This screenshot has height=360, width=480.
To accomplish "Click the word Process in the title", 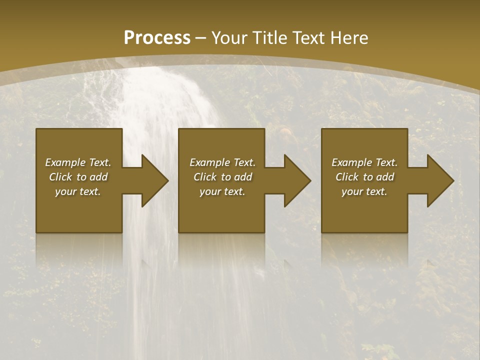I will pos(156,38).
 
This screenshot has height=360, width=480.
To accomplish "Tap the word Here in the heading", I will pos(349,38).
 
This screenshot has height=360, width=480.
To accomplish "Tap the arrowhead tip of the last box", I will pos(453,180).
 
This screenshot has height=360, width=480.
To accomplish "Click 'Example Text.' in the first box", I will pos(78,162).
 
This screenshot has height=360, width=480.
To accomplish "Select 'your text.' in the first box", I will pos(78,191).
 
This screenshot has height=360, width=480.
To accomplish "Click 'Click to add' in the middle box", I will pos(222,177).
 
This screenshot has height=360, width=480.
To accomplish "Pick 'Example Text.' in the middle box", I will pos(222,162).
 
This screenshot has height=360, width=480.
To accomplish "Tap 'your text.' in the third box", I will pos(364,191).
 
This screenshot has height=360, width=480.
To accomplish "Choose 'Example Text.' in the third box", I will pos(364,162).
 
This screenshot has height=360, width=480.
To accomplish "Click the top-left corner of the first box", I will pos(36,129).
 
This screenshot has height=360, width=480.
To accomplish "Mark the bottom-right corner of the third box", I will pos(407,232).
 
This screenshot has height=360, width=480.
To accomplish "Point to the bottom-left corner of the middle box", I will pos(179,232).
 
